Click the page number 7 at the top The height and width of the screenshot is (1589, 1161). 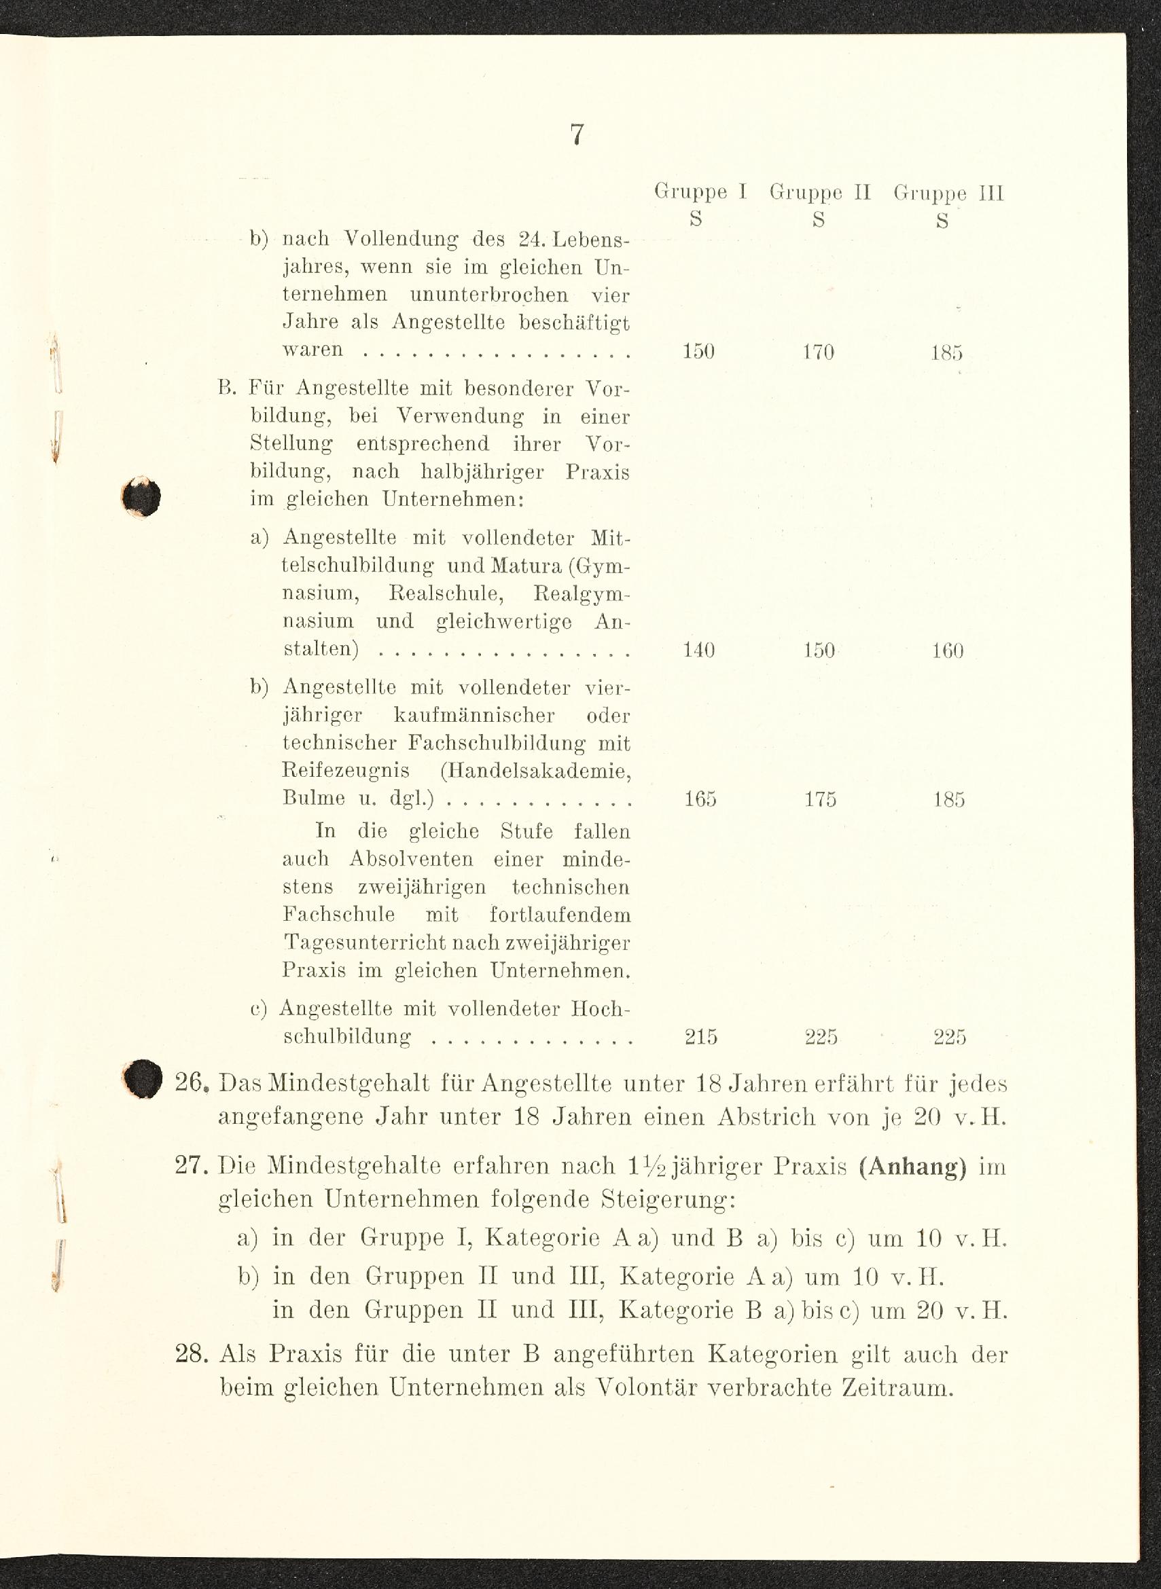[x=576, y=134]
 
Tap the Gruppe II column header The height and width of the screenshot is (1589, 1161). [x=820, y=191]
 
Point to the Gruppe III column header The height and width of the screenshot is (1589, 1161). [x=948, y=192]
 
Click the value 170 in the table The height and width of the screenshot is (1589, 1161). [x=819, y=351]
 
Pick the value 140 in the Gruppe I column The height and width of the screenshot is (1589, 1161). [x=698, y=650]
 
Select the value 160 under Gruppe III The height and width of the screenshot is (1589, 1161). [x=948, y=651]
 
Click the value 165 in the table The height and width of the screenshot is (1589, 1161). [x=700, y=799]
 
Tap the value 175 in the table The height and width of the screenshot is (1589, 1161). [x=820, y=799]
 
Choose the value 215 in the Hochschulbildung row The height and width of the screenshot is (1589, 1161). [x=700, y=1037]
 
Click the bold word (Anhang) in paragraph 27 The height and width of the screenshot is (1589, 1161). [x=912, y=1167]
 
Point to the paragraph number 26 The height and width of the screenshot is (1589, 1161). [x=192, y=1083]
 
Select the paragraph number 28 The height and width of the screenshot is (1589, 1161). [x=192, y=1353]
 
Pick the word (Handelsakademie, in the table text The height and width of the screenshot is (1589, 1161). [x=535, y=771]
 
